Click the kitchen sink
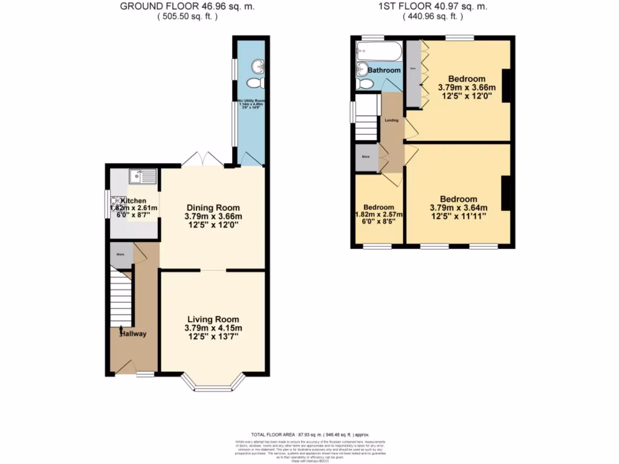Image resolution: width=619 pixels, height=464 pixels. (142, 176)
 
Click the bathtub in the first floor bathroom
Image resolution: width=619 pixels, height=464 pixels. (378, 51)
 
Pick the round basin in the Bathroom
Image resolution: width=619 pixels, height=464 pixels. (363, 68)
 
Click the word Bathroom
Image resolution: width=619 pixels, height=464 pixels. (384, 70)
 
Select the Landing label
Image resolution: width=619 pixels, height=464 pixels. (391, 120)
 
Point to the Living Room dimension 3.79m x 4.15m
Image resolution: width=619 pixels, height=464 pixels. (212, 328)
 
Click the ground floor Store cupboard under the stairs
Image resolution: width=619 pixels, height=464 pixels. (121, 256)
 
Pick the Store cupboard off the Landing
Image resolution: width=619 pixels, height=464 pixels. (366, 158)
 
